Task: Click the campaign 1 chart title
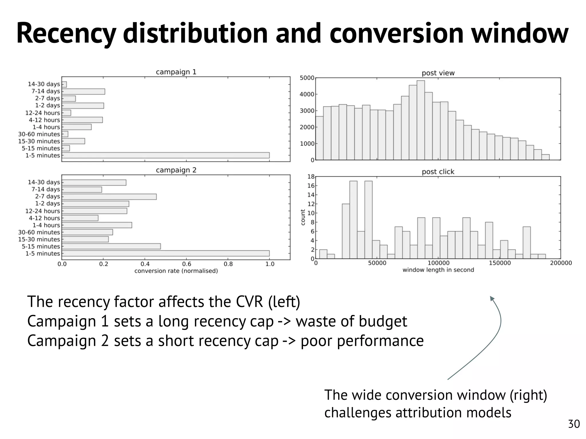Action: point(176,72)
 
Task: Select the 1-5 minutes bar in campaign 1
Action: point(165,155)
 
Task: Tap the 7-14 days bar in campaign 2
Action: point(82,189)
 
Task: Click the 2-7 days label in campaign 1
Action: point(47,98)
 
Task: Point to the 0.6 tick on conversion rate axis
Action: point(187,264)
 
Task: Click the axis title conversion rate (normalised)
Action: point(176,271)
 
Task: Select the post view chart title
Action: point(438,73)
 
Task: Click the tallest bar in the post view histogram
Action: point(420,120)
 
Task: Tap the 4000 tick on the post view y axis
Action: point(306,94)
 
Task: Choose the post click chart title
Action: point(438,172)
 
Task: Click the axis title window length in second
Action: point(438,270)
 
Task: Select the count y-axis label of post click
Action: point(303,217)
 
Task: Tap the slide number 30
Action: point(574,424)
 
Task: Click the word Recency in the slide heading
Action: point(66,34)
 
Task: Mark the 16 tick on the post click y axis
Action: point(311,186)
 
